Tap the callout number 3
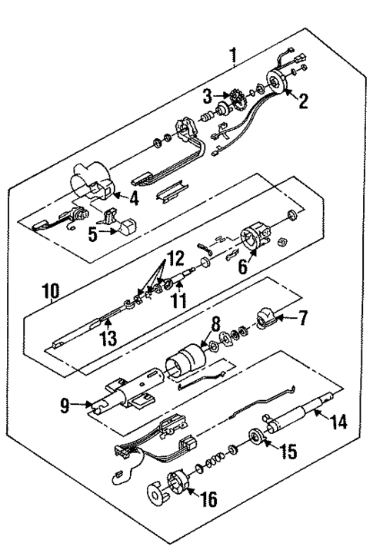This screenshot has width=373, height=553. (206, 97)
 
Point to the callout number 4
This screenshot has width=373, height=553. (134, 202)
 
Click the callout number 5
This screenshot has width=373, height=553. (92, 235)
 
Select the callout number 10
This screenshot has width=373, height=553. (50, 293)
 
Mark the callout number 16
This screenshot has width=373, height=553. (208, 501)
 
